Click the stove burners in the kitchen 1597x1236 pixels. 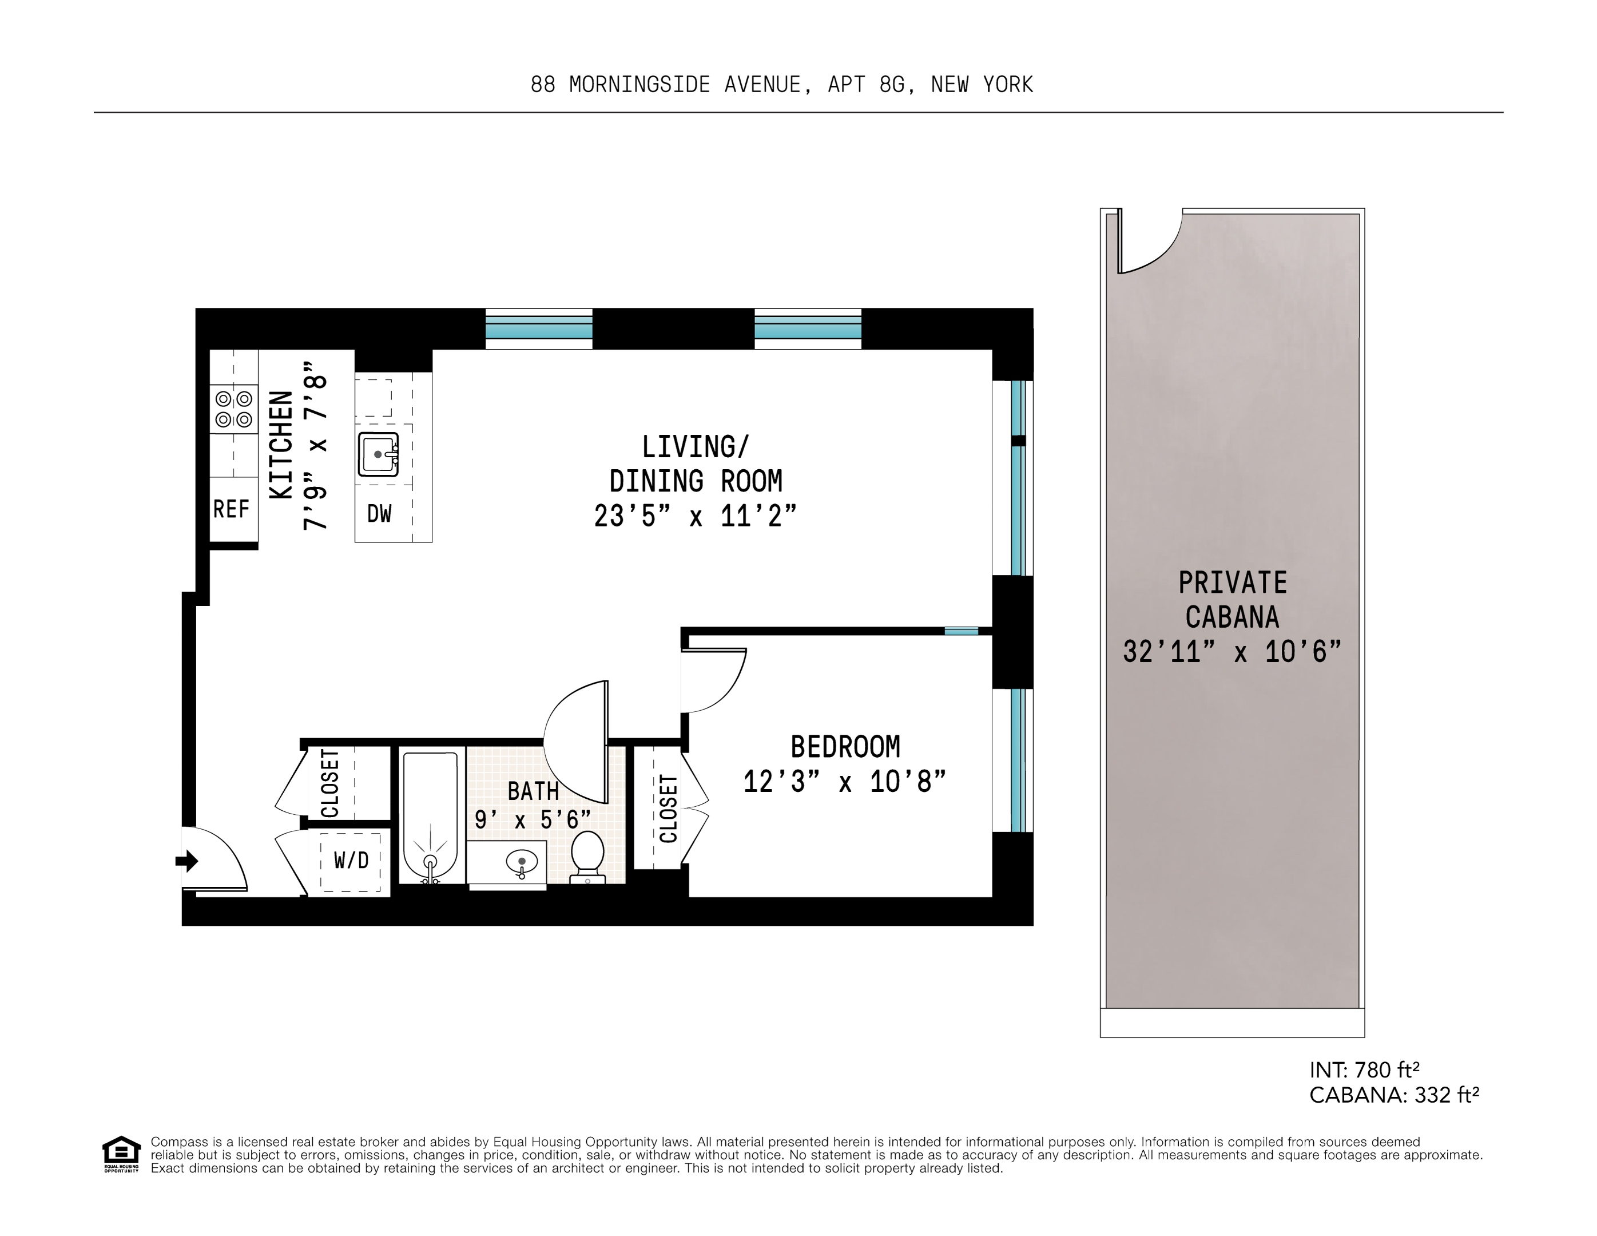point(233,409)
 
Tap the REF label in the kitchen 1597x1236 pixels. point(231,509)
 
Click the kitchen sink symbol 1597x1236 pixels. point(378,454)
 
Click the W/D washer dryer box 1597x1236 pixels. point(351,861)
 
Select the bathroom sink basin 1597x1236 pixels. point(521,862)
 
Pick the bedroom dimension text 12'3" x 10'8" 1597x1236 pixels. point(845,782)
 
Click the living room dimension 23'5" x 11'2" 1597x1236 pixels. point(694,516)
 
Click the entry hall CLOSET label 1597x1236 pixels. point(331,783)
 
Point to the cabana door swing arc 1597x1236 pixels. point(1159,252)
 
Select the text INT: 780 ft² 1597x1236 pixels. point(1364,1070)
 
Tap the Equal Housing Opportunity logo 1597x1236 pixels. point(121,1154)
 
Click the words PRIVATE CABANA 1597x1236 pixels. point(1232,600)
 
